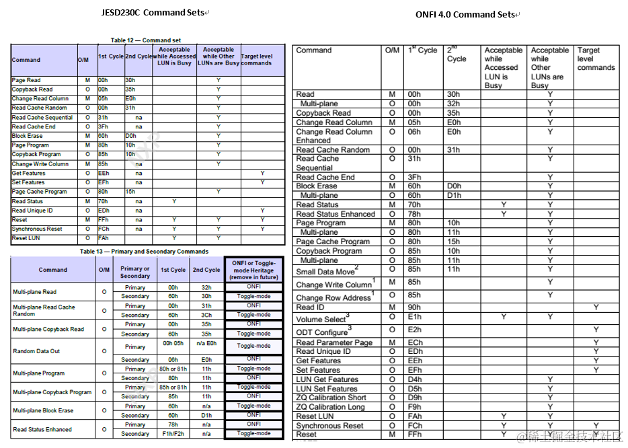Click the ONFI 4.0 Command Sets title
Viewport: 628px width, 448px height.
(x=465, y=14)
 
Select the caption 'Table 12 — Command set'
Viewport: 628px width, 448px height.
(x=146, y=40)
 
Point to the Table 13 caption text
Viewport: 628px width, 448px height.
(x=144, y=252)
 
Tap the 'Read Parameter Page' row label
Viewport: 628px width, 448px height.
(x=334, y=342)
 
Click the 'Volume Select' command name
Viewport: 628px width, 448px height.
(x=322, y=320)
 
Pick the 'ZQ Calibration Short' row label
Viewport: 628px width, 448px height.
(x=331, y=398)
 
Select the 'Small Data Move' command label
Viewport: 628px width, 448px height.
(x=326, y=272)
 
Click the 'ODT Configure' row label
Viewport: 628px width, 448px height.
(x=322, y=332)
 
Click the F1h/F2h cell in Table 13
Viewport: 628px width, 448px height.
(x=173, y=434)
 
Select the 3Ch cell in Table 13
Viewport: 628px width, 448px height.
(x=206, y=315)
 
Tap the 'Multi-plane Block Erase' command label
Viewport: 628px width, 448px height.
(x=43, y=410)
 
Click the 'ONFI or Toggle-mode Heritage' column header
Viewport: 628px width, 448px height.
(x=253, y=270)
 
